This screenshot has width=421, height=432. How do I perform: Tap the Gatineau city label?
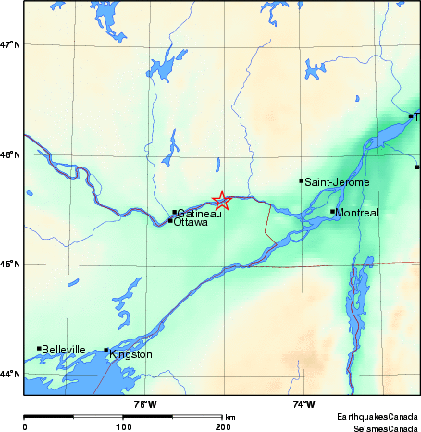coord(198,214)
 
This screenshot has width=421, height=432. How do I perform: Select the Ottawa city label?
coord(191,222)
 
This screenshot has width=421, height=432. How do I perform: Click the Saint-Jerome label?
coord(337,182)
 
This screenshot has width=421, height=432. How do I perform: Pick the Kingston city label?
coord(130,354)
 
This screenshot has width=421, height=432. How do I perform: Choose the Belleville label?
coord(63,349)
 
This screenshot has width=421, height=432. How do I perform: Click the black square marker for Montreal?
coord(333,211)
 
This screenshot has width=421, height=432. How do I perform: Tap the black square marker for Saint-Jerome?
coord(302,180)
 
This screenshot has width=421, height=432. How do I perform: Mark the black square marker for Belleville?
coord(39,348)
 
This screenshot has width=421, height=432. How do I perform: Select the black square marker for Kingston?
coord(106,351)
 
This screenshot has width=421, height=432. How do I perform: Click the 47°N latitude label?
coord(10,44)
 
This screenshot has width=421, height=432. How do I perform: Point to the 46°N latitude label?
coord(10,154)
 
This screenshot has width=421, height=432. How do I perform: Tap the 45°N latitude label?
coord(10,265)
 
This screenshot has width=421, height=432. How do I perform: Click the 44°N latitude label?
coord(10,374)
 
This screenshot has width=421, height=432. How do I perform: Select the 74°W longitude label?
coord(303,404)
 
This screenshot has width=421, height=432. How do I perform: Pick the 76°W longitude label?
coord(144,404)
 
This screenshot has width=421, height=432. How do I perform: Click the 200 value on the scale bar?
coord(223,426)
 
